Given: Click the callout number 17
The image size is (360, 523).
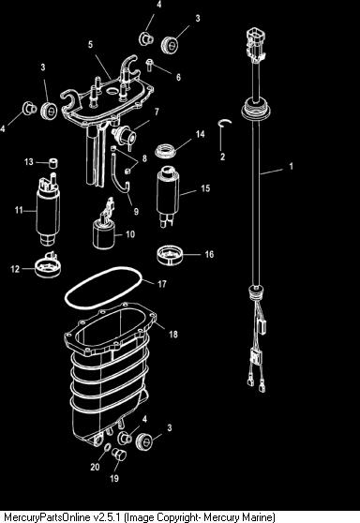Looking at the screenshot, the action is (162, 284).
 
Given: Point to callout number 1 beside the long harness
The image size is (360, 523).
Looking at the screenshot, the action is (291, 166).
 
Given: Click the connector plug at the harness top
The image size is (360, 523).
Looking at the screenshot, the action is (256, 45).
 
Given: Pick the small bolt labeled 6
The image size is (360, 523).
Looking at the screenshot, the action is (149, 65).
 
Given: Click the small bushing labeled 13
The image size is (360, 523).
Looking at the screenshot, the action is (52, 163).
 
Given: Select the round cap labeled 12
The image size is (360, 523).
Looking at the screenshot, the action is (48, 266).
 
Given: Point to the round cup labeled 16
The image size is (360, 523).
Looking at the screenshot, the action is (170, 256).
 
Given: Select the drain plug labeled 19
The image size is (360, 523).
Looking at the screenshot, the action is (119, 454).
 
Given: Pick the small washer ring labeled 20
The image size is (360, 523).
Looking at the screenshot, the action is (106, 447).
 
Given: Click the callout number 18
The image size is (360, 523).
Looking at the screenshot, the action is (173, 334).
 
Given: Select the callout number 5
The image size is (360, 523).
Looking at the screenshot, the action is (90, 44).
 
